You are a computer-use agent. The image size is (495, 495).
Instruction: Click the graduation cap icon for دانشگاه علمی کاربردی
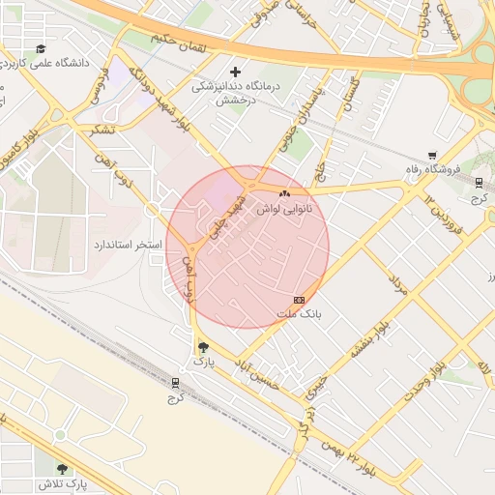[41, 48]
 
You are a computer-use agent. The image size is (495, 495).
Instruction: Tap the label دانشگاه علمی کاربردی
[57, 64]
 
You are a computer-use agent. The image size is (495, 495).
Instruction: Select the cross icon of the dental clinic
[235, 72]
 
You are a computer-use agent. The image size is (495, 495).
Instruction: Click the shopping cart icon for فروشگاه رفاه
[431, 155]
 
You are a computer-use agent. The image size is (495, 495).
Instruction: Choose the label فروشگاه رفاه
[432, 169]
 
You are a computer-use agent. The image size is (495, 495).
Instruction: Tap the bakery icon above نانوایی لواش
[282, 193]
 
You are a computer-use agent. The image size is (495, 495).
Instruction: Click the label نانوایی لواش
[281, 208]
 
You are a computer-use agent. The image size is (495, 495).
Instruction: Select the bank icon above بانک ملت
[298, 300]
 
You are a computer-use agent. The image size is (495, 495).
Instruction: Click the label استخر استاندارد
[127, 245]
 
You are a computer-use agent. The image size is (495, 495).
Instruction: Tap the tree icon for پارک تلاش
[63, 469]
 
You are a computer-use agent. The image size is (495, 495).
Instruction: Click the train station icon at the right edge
[480, 183]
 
